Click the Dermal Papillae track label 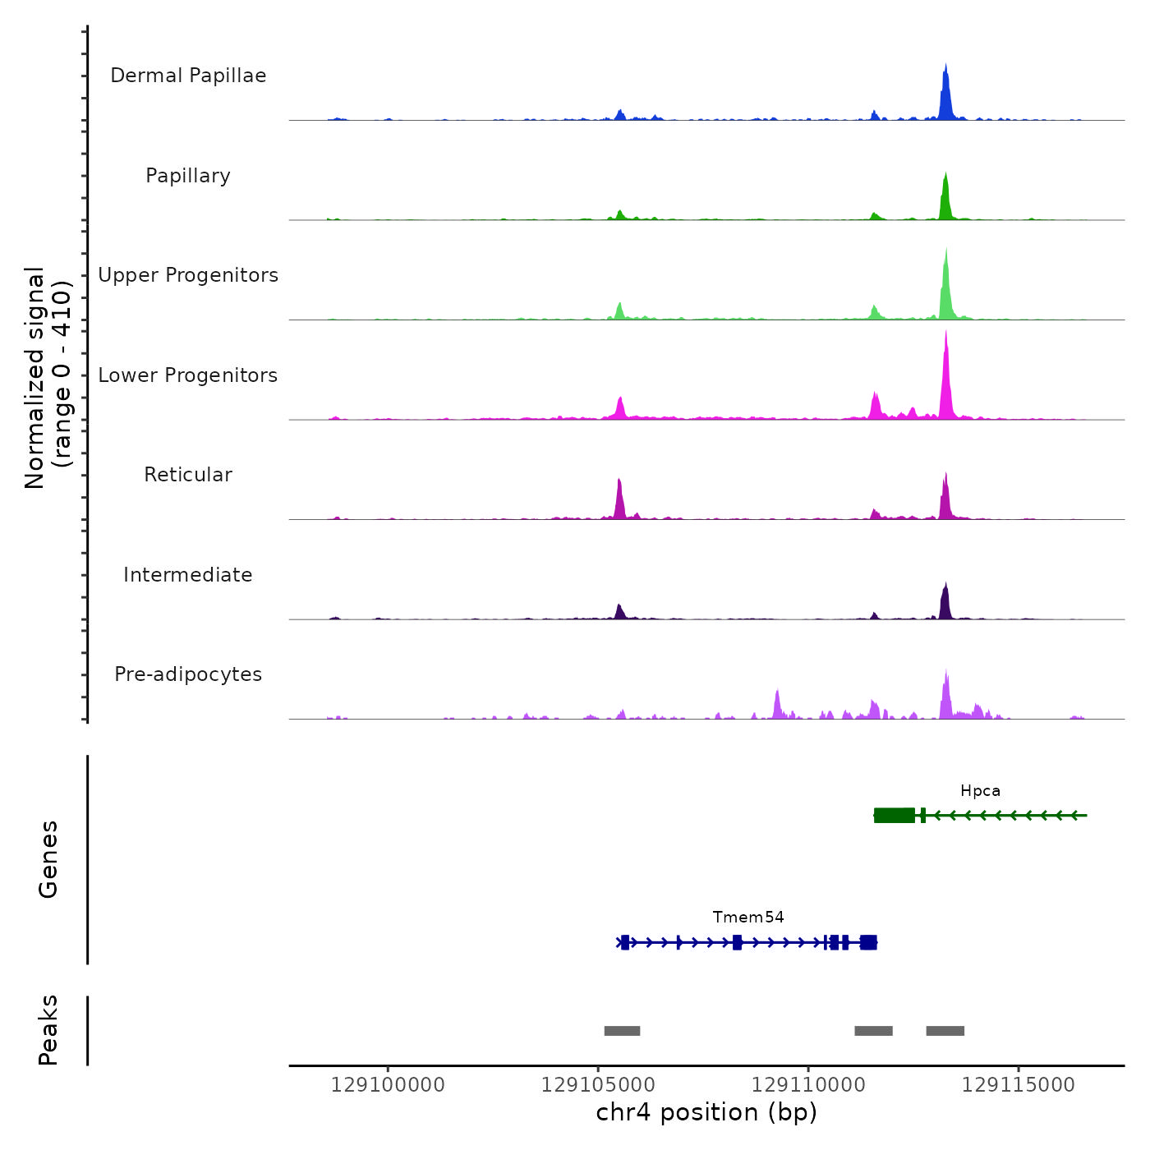click(188, 76)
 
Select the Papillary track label click(188, 176)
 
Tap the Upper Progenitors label click(188, 275)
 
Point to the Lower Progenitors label click(188, 375)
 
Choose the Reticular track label click(188, 475)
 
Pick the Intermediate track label click(188, 575)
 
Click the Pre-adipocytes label click(188, 674)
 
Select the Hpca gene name click(980, 791)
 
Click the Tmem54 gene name click(748, 918)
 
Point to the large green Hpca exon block click(895, 815)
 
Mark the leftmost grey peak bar click(622, 1031)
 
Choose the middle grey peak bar click(873, 1031)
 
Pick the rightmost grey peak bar click(945, 1031)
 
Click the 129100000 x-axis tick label click(388, 1085)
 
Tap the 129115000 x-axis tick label click(1018, 1085)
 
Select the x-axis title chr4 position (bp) click(706, 1112)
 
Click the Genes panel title click(48, 859)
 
